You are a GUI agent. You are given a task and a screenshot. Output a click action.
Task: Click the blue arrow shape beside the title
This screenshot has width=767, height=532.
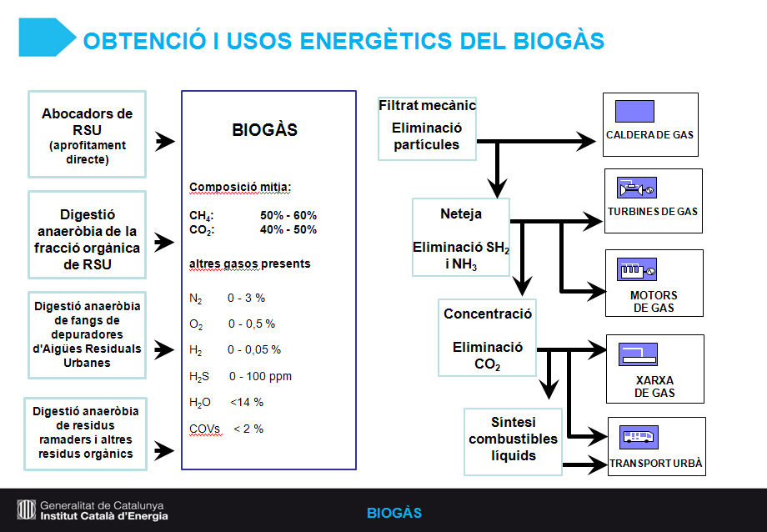point(47,38)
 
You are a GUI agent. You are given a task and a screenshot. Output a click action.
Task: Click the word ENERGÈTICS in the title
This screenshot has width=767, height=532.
point(376,40)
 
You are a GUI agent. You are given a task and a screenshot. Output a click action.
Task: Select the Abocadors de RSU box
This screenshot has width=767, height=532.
point(87,134)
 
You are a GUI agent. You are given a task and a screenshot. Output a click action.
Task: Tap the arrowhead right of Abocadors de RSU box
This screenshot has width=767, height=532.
point(165,142)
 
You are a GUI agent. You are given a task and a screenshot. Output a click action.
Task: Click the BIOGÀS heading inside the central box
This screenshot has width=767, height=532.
point(264,130)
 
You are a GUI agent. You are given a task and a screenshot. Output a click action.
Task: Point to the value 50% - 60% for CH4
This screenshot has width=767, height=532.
point(288,215)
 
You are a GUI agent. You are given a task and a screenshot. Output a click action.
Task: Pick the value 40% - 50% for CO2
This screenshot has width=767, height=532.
point(288,229)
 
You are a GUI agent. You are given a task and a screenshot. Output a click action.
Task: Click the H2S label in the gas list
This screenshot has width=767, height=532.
point(199,377)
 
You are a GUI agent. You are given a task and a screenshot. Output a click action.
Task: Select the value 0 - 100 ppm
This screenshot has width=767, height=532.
point(260,376)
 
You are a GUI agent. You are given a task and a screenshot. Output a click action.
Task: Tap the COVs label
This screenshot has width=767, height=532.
point(205,429)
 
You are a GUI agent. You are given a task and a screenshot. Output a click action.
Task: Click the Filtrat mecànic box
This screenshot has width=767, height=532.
point(427,128)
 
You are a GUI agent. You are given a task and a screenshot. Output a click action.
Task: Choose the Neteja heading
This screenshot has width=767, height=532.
point(461,213)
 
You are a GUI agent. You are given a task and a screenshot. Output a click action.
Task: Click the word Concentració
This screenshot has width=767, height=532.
point(488,314)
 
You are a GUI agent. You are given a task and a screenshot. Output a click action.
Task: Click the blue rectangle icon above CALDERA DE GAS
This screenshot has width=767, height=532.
point(634,111)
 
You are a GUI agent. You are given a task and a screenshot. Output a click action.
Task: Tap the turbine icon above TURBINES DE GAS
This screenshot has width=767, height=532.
point(637,188)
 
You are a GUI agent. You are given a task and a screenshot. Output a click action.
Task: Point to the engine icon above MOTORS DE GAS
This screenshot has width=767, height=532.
point(637,269)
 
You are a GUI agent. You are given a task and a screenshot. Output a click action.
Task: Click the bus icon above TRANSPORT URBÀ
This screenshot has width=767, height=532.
point(639,437)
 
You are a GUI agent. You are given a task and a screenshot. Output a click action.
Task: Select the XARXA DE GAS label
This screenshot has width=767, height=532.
point(654,387)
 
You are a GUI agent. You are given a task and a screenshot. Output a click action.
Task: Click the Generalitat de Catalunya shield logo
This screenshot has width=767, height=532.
point(27,509)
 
